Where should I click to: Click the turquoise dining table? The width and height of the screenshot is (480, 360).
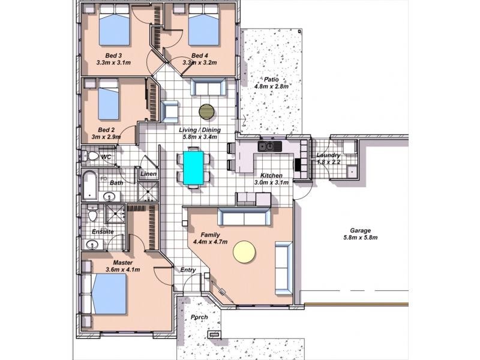(x=193, y=168)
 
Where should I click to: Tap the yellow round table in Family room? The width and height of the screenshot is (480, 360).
(x=244, y=251)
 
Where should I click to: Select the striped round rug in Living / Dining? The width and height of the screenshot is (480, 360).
(x=206, y=112)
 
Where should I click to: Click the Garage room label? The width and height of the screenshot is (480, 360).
(x=361, y=230)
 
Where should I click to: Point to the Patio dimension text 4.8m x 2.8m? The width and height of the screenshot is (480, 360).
(x=271, y=86)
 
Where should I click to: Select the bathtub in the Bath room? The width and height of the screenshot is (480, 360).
(x=89, y=185)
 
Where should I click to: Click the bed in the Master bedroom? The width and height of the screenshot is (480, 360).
(x=109, y=294)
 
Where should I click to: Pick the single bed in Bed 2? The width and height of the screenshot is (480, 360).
(x=108, y=99)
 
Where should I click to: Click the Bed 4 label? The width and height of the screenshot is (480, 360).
(x=200, y=56)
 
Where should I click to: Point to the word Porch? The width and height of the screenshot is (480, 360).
(x=199, y=317)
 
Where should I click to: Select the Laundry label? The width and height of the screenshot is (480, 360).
(x=328, y=155)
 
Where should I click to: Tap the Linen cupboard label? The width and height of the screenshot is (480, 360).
(x=148, y=174)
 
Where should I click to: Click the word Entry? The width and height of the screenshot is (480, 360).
(x=188, y=270)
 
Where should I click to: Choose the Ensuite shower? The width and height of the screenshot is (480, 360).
(x=115, y=214)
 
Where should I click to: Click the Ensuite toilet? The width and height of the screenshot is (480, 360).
(x=92, y=213)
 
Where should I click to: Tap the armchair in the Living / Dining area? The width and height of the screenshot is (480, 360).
(x=169, y=112)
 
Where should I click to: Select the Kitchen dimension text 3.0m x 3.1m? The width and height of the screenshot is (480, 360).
(x=271, y=183)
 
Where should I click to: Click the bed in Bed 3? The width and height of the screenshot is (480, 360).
(x=115, y=25)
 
